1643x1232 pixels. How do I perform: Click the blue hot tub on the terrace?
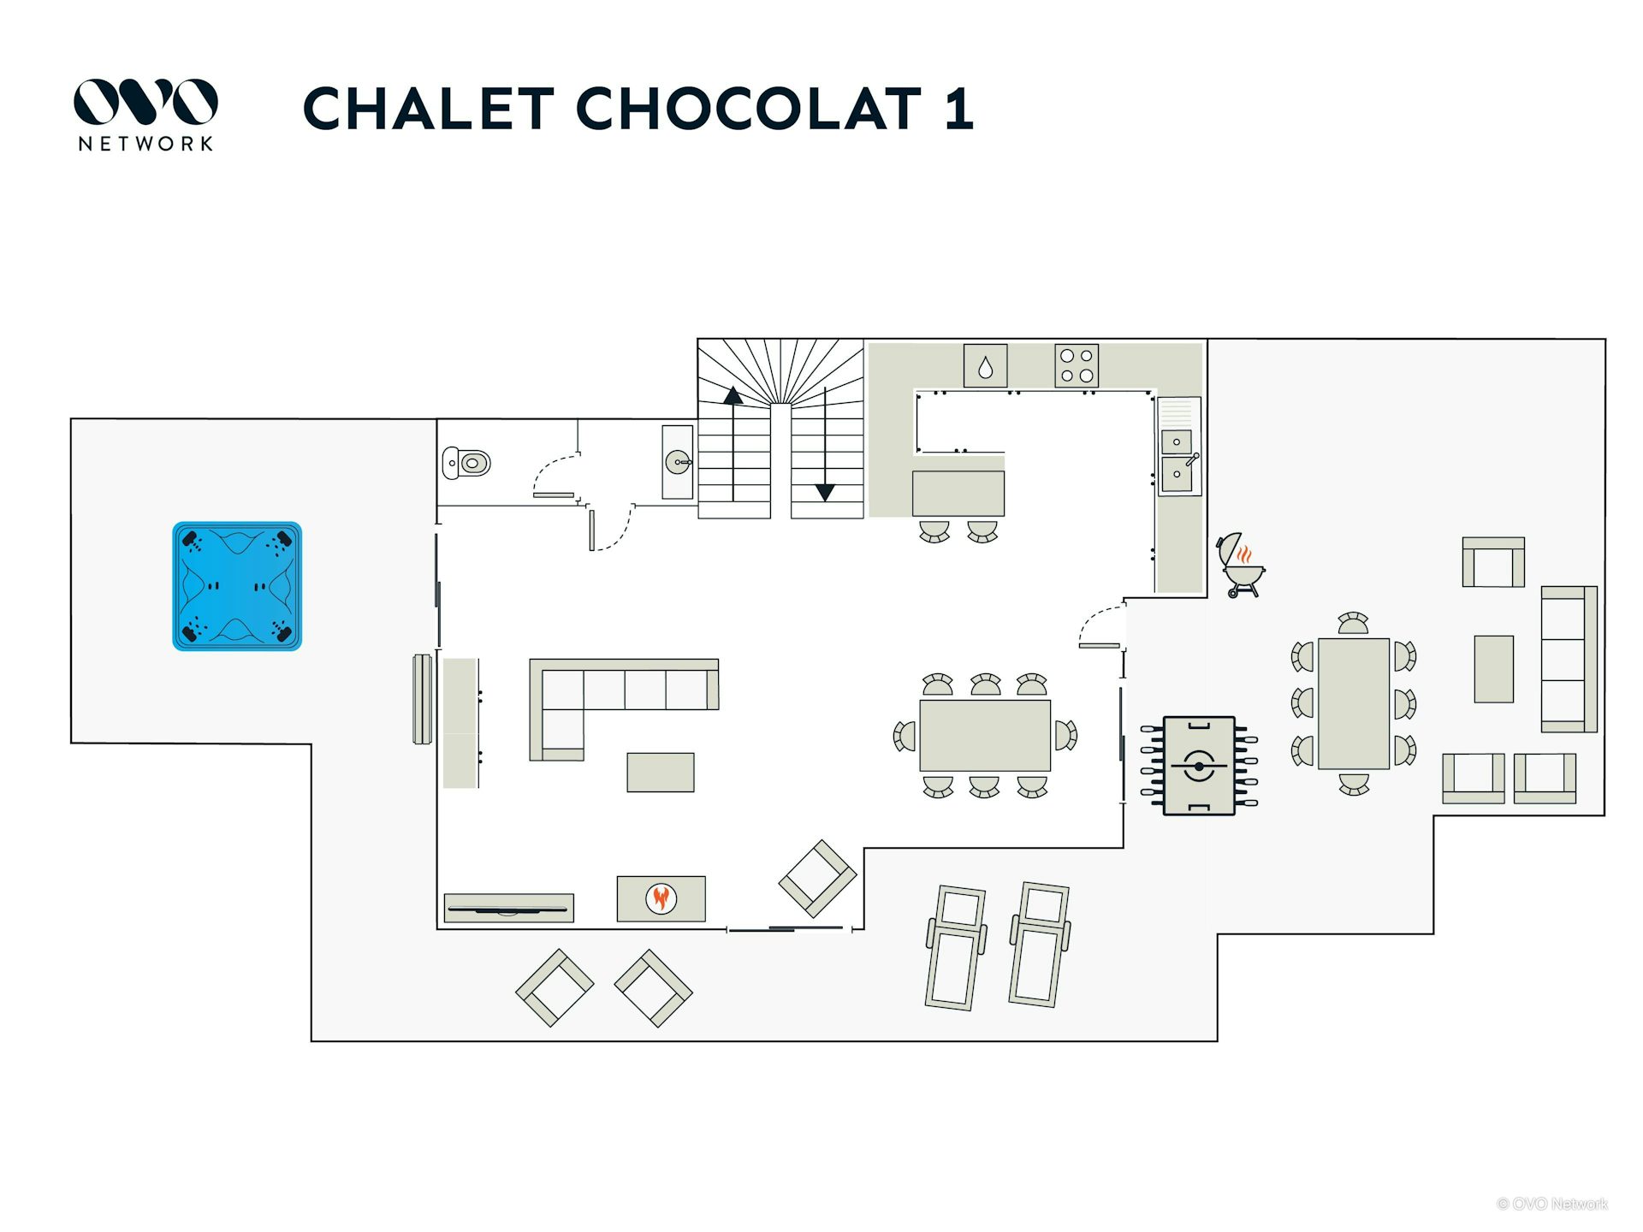coord(237,586)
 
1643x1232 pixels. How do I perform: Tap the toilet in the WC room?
coord(466,463)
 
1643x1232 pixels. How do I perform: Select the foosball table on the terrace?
coord(1199,766)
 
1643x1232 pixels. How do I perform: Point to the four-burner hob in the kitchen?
coord(1077,366)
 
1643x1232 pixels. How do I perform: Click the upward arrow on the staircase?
coord(733,444)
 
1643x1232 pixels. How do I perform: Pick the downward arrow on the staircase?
coord(825,444)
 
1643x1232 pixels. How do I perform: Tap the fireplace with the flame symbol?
coord(661,898)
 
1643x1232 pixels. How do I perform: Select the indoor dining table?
coord(985,736)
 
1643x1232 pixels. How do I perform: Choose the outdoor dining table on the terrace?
coord(1354,703)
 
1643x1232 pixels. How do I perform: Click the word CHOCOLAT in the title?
coord(749,109)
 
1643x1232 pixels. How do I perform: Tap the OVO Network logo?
coord(145,115)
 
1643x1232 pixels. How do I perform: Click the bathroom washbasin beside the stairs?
coord(678,462)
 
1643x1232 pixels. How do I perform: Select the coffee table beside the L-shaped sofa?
coord(661,773)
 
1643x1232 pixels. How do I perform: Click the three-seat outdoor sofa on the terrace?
coord(1569,659)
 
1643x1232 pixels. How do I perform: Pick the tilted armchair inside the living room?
coord(817,879)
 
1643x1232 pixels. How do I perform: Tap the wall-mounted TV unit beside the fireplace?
coord(509,909)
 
